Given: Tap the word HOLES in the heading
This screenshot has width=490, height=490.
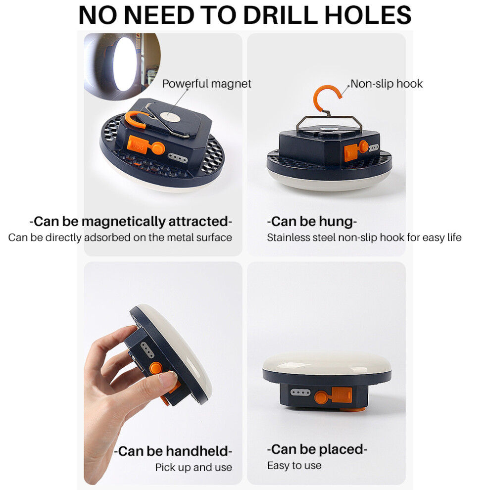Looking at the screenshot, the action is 368,15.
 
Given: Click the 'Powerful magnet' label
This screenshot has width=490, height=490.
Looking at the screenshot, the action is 206,84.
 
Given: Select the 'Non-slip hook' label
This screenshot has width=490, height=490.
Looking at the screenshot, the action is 386,84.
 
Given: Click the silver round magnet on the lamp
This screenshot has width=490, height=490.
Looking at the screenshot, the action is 170,118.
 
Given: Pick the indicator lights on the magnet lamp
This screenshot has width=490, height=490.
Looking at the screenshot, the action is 178,158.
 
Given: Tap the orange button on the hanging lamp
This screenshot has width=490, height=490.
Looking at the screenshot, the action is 363,146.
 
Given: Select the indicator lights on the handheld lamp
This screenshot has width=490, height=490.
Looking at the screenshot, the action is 147,350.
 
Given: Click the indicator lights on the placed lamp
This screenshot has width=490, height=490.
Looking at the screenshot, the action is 300,392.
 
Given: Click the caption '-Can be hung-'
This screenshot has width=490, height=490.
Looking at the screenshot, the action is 312,221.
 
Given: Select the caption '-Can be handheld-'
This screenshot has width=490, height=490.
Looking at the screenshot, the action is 173,451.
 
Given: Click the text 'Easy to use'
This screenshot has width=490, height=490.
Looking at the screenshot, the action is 294,466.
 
